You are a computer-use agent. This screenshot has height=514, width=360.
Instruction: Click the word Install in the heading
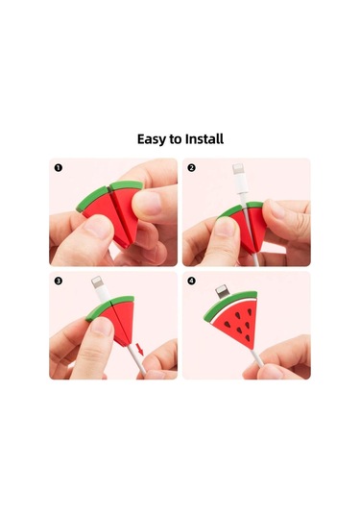(204, 138)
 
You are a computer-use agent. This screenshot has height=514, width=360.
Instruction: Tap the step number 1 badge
(59, 168)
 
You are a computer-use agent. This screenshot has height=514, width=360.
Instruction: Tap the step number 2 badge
(191, 168)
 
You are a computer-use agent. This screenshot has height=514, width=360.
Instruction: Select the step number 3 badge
(59, 281)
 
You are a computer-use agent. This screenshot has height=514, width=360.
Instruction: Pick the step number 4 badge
(191, 281)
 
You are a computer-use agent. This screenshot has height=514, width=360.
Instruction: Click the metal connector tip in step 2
(237, 169)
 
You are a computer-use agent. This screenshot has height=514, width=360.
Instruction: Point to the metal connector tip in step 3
(96, 281)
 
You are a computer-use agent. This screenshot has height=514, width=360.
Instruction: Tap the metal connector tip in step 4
(221, 290)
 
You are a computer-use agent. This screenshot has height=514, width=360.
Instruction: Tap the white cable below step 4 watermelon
(257, 357)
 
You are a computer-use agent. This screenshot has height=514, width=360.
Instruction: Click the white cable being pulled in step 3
(136, 359)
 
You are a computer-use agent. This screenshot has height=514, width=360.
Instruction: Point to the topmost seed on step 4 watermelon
(250, 311)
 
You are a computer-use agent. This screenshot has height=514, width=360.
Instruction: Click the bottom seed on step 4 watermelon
(248, 337)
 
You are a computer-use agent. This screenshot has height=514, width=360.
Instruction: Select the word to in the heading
(176, 139)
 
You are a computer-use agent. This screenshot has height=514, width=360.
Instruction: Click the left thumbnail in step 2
(225, 226)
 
